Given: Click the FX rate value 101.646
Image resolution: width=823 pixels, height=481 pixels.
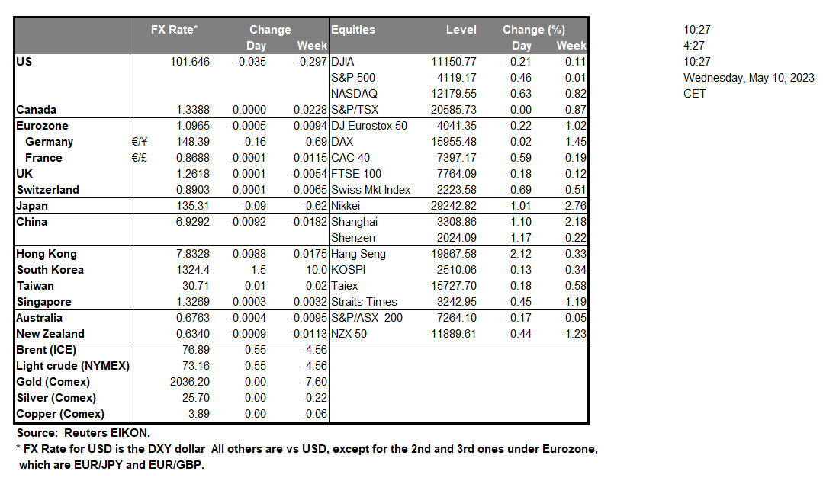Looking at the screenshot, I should pos(190,62).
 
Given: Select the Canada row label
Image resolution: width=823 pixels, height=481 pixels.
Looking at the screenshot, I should pos(36,110).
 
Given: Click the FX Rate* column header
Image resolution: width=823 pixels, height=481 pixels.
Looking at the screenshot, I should pos(175,30).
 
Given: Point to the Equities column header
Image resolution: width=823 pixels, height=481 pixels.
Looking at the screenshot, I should pos(353,30).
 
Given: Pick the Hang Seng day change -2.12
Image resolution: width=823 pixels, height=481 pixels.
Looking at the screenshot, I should pos(519,254).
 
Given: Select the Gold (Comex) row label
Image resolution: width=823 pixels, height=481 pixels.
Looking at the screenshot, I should pos(53,382).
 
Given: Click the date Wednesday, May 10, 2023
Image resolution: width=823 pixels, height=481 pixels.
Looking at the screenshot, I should pos(748,78).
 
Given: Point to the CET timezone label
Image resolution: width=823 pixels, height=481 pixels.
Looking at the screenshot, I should pos(695,94).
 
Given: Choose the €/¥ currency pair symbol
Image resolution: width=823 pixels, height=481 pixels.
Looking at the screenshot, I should pos(139,142).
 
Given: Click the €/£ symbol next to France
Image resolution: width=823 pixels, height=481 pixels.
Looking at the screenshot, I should pos(139,158).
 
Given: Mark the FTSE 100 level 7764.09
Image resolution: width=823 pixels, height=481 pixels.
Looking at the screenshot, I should pos(456,174).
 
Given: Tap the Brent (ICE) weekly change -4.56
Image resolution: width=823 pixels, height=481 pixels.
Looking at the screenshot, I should pos(315,350).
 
